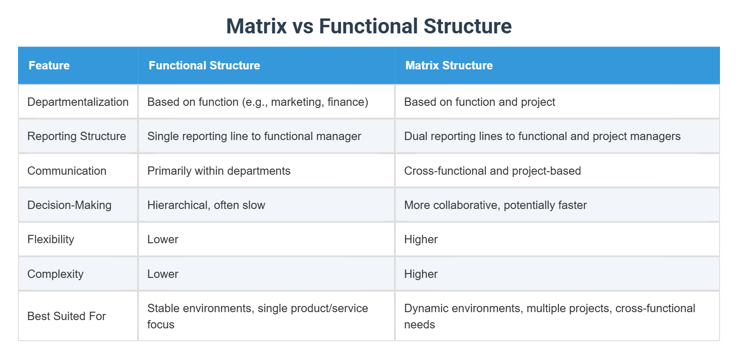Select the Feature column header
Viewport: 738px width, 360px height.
[x=49, y=65]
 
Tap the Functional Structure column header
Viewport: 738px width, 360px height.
[x=204, y=65]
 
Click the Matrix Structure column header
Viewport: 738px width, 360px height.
[x=449, y=65]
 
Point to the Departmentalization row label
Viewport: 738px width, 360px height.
[x=78, y=102]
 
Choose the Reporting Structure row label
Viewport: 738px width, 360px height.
[x=76, y=136]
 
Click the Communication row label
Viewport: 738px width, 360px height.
[x=67, y=171]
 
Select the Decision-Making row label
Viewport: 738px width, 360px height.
[x=69, y=205]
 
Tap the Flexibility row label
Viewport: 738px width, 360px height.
[x=51, y=239]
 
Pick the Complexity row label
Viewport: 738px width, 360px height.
[x=55, y=274]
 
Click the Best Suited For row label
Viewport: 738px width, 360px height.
[x=66, y=316]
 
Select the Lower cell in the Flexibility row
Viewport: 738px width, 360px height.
[x=163, y=239]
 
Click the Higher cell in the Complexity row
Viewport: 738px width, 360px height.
[x=420, y=274]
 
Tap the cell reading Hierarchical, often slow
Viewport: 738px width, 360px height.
[x=206, y=205]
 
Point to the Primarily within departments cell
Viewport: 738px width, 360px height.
[x=219, y=171]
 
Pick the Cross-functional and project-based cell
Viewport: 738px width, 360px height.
[x=492, y=171]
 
